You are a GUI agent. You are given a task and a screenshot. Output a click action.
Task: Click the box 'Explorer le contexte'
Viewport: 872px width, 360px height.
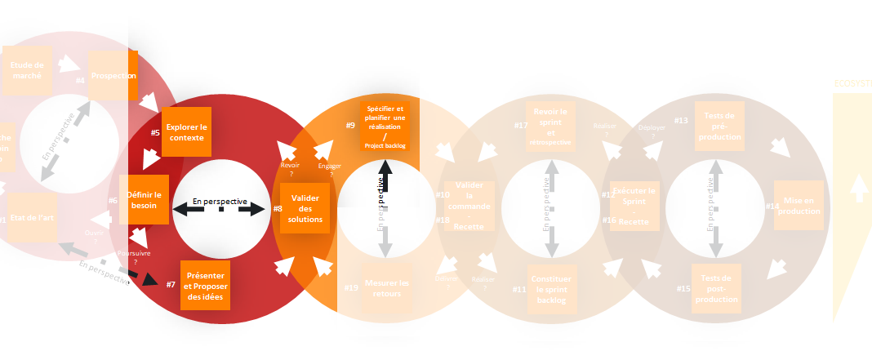pyautogui.click(x=186, y=131)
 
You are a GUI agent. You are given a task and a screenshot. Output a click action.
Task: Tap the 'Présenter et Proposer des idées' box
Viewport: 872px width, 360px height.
pyautogui.click(x=205, y=285)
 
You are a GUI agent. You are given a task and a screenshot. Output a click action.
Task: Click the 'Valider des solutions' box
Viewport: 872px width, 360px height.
pyautogui.click(x=305, y=208)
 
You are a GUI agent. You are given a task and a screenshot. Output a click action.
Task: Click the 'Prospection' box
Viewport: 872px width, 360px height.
pyautogui.click(x=113, y=75)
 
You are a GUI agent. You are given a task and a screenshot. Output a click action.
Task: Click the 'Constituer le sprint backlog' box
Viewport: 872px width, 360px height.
pyautogui.click(x=552, y=290)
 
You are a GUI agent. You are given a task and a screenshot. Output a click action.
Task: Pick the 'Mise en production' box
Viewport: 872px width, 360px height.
pyautogui.click(x=799, y=206)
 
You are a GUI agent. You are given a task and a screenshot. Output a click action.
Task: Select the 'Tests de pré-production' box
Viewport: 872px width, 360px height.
pyautogui.click(x=719, y=126)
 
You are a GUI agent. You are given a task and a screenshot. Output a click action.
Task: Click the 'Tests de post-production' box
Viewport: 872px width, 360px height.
pyautogui.click(x=716, y=288)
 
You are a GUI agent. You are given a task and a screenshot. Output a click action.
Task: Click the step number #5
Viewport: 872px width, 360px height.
pyautogui.click(x=155, y=132)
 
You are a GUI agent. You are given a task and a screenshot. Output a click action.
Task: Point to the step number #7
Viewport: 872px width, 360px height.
pyautogui.click(x=171, y=284)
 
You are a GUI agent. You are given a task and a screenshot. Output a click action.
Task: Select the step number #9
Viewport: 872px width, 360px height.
pyautogui.click(x=350, y=125)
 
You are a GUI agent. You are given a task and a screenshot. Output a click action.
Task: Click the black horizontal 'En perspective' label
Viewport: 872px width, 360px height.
pyautogui.click(x=220, y=201)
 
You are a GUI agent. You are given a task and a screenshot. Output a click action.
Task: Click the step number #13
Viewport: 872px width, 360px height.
pyautogui.click(x=681, y=121)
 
